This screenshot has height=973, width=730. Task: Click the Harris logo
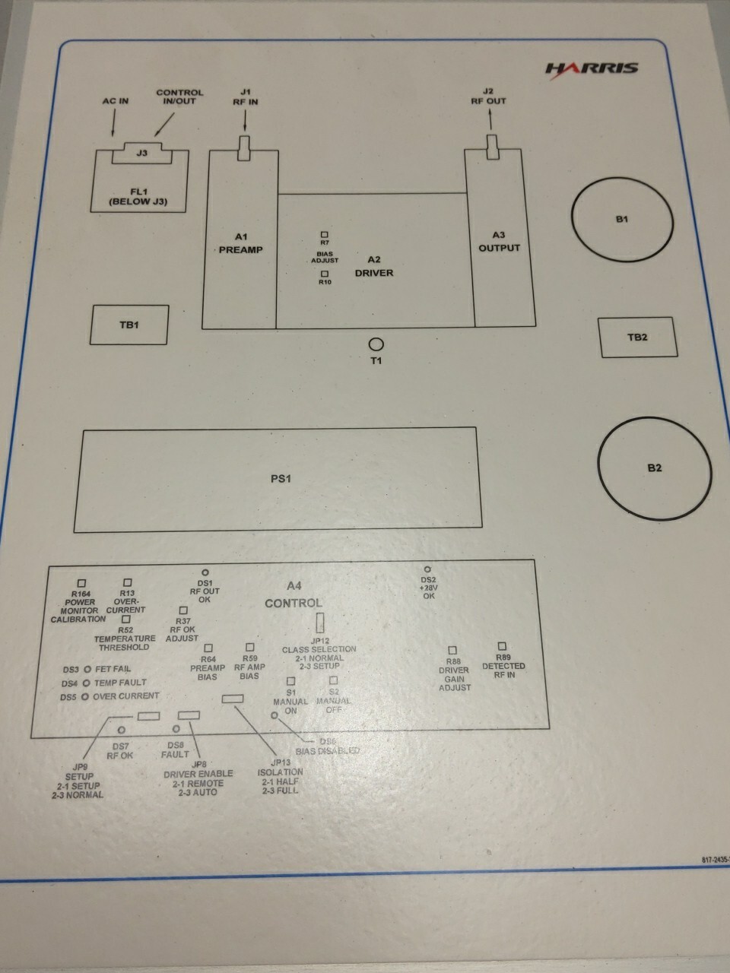(592, 68)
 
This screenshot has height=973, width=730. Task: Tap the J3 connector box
(141, 153)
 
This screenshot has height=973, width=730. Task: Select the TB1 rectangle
(129, 325)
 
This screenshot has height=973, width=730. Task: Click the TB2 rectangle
(637, 337)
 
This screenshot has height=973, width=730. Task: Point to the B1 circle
(623, 220)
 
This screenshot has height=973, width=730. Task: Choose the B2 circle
(655, 467)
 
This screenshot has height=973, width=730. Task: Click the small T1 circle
(376, 344)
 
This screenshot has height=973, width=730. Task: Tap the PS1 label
(281, 479)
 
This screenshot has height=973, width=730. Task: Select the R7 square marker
(325, 235)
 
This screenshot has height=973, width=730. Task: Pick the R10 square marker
(325, 274)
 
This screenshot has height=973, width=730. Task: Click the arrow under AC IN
(114, 122)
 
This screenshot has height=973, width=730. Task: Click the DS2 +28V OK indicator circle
(427, 569)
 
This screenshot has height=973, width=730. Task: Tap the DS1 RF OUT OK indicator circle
(205, 572)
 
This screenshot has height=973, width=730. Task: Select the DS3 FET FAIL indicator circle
(87, 670)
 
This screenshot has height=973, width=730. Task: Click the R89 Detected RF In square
(502, 646)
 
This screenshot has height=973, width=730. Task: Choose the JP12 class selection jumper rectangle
(319, 623)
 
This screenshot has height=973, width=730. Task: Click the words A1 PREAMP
(241, 243)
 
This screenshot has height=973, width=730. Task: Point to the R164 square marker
(82, 583)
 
